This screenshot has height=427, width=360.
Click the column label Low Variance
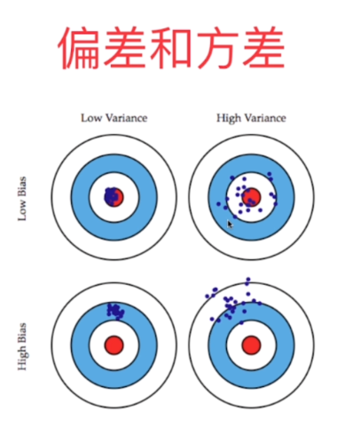[x=114, y=118]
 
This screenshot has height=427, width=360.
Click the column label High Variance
[x=251, y=118]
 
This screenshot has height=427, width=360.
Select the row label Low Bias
[x=22, y=199]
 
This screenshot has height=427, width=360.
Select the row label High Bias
[x=22, y=346]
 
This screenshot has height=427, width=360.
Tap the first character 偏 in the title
[x=79, y=48]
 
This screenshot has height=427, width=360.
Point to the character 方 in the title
[x=217, y=48]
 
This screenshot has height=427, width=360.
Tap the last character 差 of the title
[x=263, y=48]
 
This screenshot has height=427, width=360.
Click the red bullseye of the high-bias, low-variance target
[x=114, y=345]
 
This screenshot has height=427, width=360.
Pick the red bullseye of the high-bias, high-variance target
[x=251, y=345]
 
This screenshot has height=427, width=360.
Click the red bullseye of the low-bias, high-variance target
[x=251, y=197]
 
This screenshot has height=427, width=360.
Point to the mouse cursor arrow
[x=230, y=225]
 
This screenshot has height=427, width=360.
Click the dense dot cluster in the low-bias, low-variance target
[x=111, y=195]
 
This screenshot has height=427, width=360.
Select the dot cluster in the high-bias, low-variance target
[x=116, y=312]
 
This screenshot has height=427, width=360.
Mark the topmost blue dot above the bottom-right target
[x=248, y=280]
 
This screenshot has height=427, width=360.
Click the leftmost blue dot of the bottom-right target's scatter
[x=207, y=296]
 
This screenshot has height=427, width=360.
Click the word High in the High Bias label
[x=22, y=359]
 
